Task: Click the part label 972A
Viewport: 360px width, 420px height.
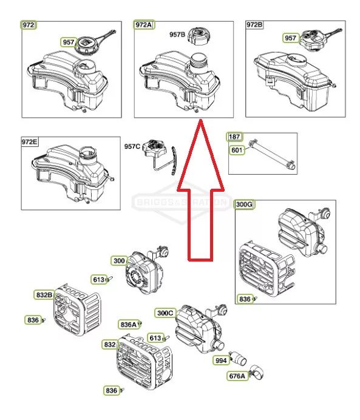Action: click(x=144, y=25)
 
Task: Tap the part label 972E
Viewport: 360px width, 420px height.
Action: click(x=30, y=141)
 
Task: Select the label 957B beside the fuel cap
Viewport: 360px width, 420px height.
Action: click(x=177, y=35)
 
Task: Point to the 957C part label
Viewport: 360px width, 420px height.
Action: click(x=132, y=146)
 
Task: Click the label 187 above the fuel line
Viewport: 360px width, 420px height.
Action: click(x=235, y=137)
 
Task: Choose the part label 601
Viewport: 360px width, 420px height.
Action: click(x=237, y=150)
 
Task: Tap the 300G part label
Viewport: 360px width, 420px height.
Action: click(x=244, y=205)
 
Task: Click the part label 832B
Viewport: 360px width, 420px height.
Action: click(x=44, y=295)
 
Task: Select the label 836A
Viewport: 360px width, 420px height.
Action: click(x=129, y=325)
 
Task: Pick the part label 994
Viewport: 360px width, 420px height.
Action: click(x=221, y=361)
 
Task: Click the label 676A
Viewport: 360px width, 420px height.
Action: click(x=237, y=376)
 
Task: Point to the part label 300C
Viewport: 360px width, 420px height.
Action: click(x=165, y=313)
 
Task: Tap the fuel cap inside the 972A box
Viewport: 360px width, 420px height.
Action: click(x=199, y=36)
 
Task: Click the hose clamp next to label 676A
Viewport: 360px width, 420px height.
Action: click(x=257, y=372)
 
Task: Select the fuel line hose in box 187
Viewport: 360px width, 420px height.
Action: click(x=272, y=154)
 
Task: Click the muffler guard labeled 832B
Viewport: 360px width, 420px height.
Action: click(x=77, y=310)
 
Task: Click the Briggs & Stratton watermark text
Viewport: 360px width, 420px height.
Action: click(x=182, y=202)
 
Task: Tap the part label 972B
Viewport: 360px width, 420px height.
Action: click(x=254, y=25)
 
